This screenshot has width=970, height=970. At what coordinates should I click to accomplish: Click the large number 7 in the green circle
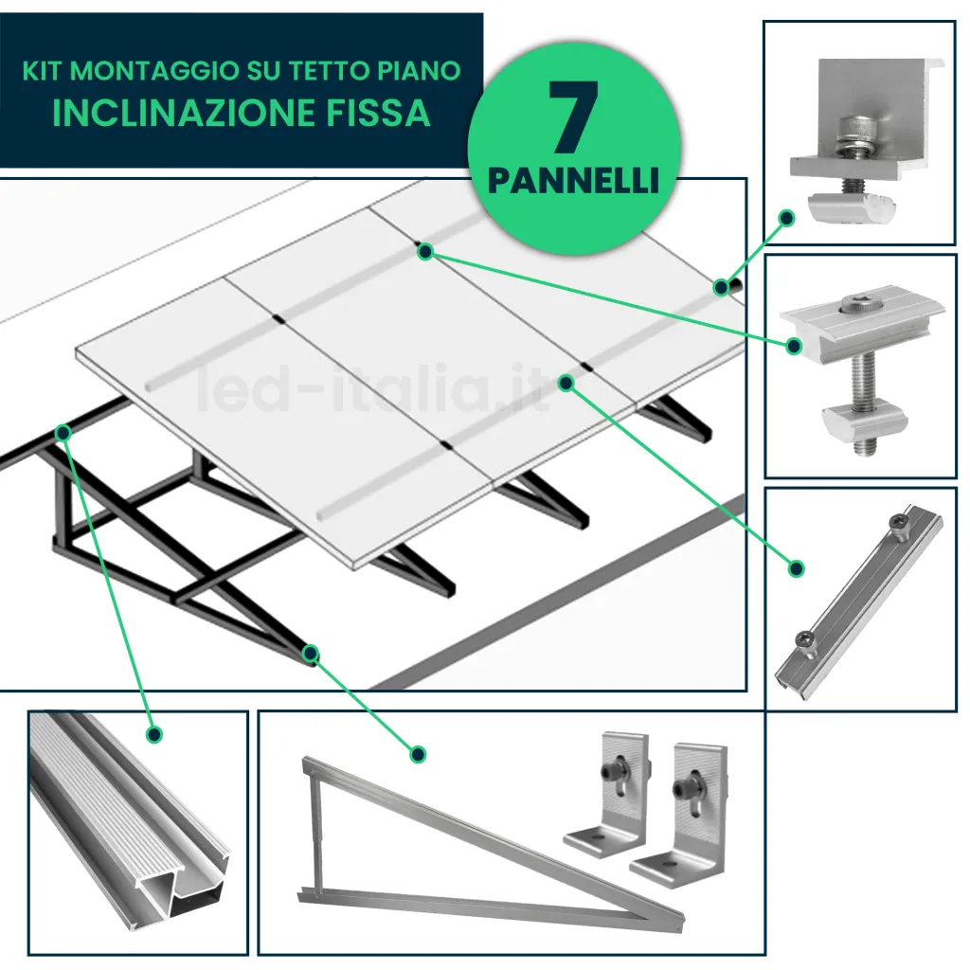tap(573, 118)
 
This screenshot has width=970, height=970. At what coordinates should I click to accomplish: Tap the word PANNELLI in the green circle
tap(573, 180)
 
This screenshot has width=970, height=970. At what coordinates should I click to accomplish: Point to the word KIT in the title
tap(43, 70)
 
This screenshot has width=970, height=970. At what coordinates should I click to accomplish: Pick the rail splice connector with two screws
tap(857, 602)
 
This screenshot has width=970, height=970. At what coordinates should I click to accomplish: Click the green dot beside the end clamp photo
tap(785, 218)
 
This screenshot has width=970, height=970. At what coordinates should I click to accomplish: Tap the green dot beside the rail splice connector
tap(797, 568)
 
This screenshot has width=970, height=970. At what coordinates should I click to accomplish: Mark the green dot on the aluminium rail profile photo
tap(154, 733)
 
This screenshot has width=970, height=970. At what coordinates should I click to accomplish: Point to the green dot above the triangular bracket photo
tap(418, 754)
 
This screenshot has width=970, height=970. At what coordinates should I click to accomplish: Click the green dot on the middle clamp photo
tap(794, 347)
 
